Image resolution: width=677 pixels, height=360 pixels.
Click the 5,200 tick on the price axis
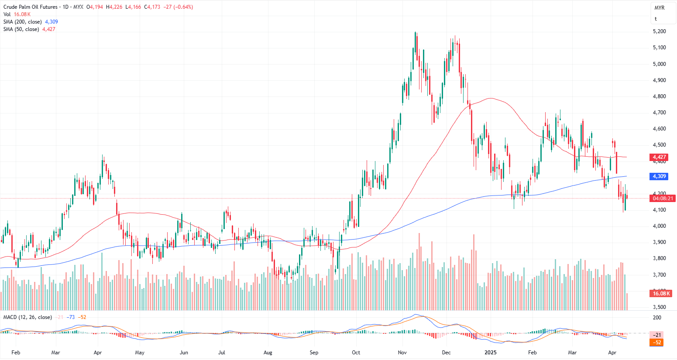pyautogui.click(x=659, y=31)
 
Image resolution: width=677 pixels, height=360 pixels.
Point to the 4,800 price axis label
pyautogui.click(x=659, y=96)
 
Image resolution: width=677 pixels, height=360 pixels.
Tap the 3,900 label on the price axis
pyautogui.click(x=659, y=242)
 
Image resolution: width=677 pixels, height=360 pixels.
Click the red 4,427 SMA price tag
pyautogui.click(x=659, y=157)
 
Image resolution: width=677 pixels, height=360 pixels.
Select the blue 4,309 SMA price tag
pyautogui.click(x=659, y=176)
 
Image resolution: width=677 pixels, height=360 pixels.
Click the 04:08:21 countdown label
pyautogui.click(x=662, y=199)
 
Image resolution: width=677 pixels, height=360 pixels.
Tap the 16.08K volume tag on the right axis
pyautogui.click(x=662, y=294)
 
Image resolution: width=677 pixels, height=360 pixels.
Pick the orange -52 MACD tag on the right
pyautogui.click(x=657, y=343)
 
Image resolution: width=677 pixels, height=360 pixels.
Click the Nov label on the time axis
pyautogui.click(x=402, y=353)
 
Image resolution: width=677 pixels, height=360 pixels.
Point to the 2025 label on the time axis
pyautogui.click(x=491, y=353)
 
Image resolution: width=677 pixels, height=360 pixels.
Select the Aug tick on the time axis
pyautogui.click(x=268, y=353)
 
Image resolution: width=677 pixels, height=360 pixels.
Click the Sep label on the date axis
pyautogui.click(x=314, y=353)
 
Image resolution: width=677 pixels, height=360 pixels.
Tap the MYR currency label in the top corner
pyautogui.click(x=659, y=8)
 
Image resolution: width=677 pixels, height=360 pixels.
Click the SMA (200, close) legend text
pyautogui.click(x=23, y=22)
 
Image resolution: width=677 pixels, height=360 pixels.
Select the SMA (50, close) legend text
pyautogui.click(x=21, y=29)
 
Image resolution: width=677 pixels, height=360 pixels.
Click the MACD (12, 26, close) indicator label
pyautogui.click(x=27, y=317)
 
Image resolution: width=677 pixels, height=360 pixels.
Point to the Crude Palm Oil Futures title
pyautogui.click(x=31, y=7)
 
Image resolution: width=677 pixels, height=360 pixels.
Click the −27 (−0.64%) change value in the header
pyautogui.click(x=178, y=7)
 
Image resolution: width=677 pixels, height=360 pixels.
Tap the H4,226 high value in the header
pyautogui.click(x=114, y=7)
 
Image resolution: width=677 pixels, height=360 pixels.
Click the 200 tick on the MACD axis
pyautogui.click(x=657, y=318)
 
